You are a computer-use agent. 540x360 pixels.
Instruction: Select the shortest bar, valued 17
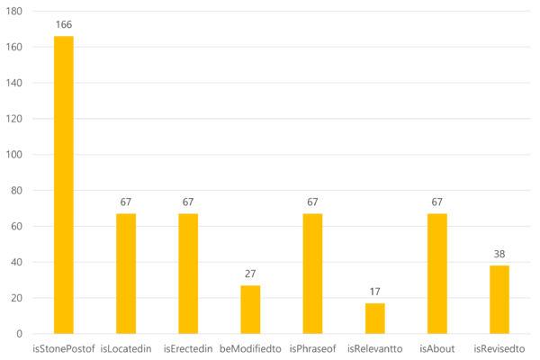(375, 318)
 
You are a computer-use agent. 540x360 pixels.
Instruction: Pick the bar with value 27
(250, 309)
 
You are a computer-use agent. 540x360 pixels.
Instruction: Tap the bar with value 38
(499, 299)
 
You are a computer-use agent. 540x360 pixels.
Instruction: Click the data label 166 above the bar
(64, 24)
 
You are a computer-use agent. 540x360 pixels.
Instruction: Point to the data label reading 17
(375, 292)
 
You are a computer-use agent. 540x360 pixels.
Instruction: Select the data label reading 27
(250, 274)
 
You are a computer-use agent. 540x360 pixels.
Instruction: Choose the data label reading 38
(499, 254)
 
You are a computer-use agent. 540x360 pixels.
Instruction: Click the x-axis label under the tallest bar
(64, 348)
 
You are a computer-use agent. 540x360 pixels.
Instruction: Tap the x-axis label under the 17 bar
(375, 348)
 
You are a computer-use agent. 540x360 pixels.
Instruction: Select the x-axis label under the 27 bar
(250, 348)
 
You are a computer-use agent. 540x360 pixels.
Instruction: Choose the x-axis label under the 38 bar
(499, 348)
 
